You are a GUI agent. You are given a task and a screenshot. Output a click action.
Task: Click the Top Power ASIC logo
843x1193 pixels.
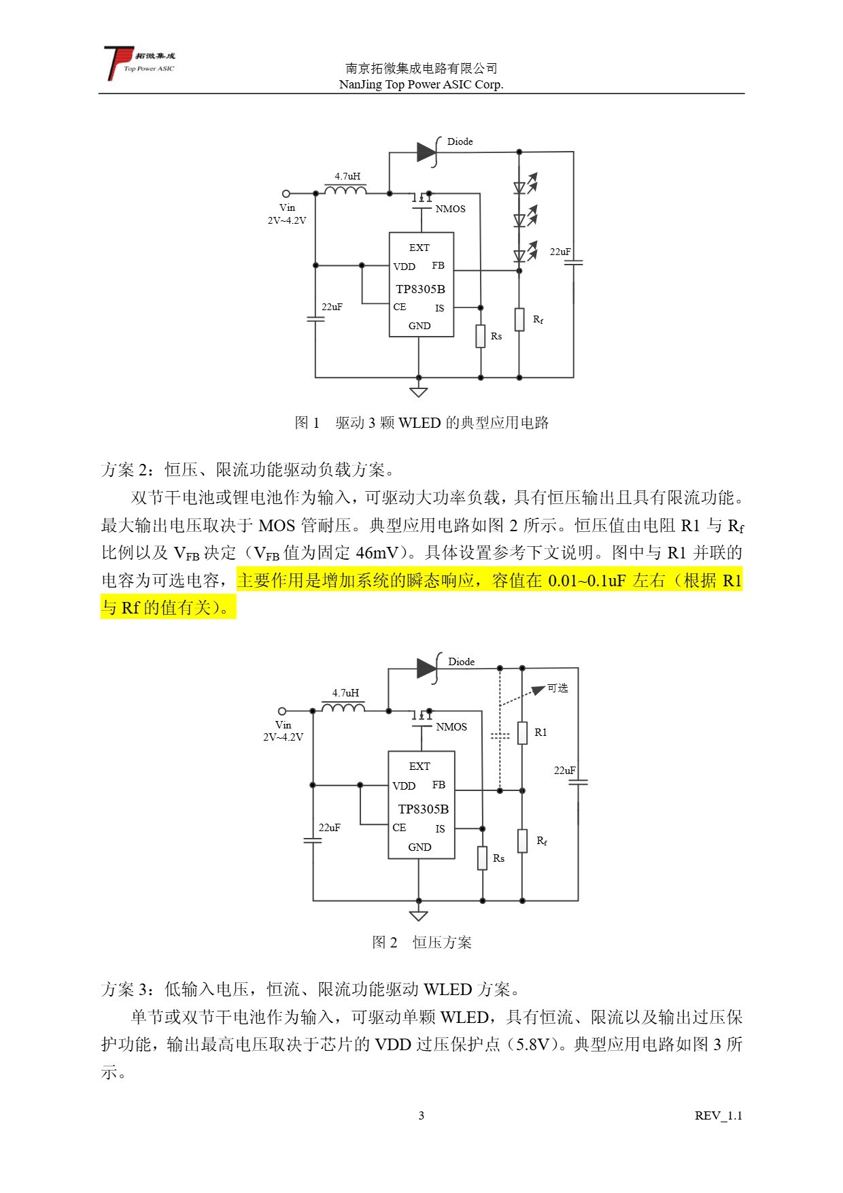click(139, 62)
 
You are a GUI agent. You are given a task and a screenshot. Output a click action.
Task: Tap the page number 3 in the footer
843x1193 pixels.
click(421, 1115)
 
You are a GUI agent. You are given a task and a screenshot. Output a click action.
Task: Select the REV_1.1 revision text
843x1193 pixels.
click(718, 1115)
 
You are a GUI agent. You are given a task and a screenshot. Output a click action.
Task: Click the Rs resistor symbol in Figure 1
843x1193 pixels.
click(481, 336)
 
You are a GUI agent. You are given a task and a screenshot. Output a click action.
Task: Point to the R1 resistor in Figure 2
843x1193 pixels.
click(522, 733)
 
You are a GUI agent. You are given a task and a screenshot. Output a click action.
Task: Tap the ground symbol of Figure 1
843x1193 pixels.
click(419, 391)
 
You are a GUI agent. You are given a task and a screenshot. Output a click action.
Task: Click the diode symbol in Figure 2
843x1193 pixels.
click(427, 668)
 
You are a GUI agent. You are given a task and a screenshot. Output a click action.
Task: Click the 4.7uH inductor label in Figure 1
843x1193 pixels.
click(347, 176)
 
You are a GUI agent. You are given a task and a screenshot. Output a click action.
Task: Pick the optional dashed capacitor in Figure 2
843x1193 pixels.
click(500, 736)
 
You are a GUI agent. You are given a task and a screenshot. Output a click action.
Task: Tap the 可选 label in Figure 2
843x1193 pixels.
click(557, 688)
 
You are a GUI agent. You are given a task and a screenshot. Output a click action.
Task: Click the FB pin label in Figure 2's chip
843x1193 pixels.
click(438, 785)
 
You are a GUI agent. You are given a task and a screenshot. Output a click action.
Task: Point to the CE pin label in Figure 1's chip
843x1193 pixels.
click(400, 307)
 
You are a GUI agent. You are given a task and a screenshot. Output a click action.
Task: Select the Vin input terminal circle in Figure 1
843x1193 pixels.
click(286, 193)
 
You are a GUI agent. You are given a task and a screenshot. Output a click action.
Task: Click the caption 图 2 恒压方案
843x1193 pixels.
click(421, 942)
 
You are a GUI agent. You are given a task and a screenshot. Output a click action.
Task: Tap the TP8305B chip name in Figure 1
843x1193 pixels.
click(420, 289)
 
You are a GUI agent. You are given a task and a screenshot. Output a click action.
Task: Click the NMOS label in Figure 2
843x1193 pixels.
click(451, 726)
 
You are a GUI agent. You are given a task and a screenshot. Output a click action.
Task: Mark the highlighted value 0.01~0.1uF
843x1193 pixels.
click(586, 580)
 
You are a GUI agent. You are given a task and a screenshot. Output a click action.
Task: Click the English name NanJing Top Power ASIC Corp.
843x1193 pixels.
click(421, 84)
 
